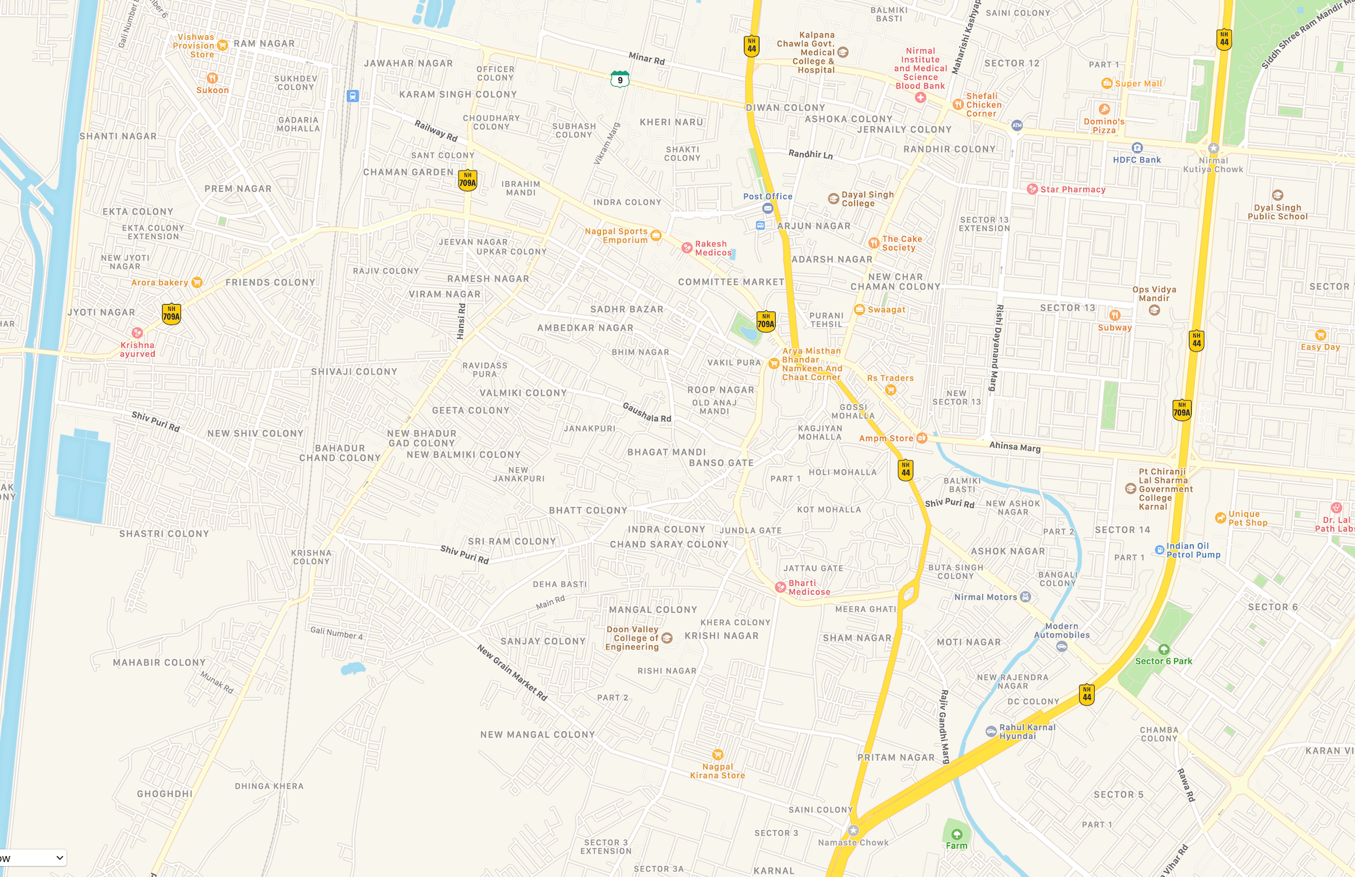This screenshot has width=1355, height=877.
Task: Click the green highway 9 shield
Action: [x=619, y=79]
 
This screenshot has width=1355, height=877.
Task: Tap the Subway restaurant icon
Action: [x=1114, y=315]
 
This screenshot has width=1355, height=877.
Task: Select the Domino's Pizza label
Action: [x=1104, y=126]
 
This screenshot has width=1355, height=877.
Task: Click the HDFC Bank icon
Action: [x=1137, y=148]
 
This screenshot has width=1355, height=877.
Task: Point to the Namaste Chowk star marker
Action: [x=853, y=830]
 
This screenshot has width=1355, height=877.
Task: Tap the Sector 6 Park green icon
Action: [x=1163, y=649]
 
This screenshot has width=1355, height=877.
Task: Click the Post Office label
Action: [x=768, y=196]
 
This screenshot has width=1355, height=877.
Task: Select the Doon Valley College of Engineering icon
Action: [x=667, y=638]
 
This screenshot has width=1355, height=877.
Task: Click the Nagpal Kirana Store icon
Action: [x=717, y=754]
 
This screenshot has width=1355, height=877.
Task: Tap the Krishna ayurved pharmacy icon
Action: [x=138, y=333]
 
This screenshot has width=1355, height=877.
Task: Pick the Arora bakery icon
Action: [x=196, y=282]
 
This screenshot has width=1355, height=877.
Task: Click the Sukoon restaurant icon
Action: [x=212, y=78]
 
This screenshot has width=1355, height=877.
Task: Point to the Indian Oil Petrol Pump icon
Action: [x=1159, y=550]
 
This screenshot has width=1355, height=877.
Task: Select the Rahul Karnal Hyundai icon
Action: [x=991, y=731]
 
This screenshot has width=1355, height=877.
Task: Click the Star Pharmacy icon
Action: [x=1032, y=189]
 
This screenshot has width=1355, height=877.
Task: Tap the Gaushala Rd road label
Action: [x=646, y=412]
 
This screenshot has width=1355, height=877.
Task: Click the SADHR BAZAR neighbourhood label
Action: [x=627, y=309]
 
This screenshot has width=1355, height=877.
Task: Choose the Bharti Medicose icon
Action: [x=780, y=587]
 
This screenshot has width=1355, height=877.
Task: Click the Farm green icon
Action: [x=957, y=834]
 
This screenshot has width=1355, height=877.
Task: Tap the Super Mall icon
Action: [x=1106, y=83]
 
